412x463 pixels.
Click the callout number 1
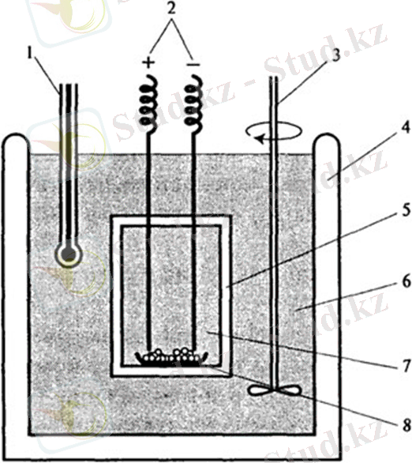(29, 55)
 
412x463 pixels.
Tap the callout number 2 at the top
(171, 9)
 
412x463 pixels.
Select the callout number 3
(335, 55)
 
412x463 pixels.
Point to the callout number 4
(406, 127)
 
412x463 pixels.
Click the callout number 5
(406, 210)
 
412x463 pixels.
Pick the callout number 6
(406, 282)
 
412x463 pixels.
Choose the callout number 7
(406, 366)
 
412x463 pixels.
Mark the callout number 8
(406, 426)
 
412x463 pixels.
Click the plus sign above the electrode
(149, 62)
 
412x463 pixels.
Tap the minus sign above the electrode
(193, 64)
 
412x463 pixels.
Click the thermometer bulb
(69, 254)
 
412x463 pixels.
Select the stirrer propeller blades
(275, 390)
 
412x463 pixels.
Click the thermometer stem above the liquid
(69, 118)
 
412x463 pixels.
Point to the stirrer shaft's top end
(275, 77)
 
